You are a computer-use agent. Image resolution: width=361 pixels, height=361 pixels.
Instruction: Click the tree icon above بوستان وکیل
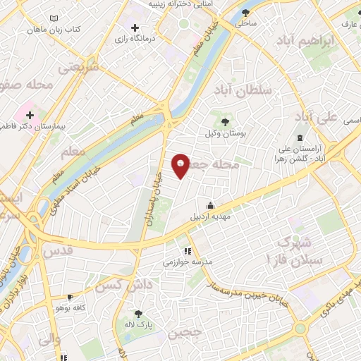pyautogui.click(x=225, y=123)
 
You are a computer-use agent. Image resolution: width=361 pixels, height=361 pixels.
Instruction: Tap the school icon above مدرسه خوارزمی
pyautogui.click(x=187, y=250)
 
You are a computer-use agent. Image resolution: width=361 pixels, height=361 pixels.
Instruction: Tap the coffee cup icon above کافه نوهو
pyautogui.click(x=70, y=298)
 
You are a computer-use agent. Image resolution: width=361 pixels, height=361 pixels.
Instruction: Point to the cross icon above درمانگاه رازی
pyautogui.click(x=135, y=27)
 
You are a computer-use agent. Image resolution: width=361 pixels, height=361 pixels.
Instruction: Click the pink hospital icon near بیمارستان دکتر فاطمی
pyautogui.click(x=30, y=115)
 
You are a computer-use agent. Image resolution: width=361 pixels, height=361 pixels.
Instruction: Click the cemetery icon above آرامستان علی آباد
pyautogui.click(x=301, y=137)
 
